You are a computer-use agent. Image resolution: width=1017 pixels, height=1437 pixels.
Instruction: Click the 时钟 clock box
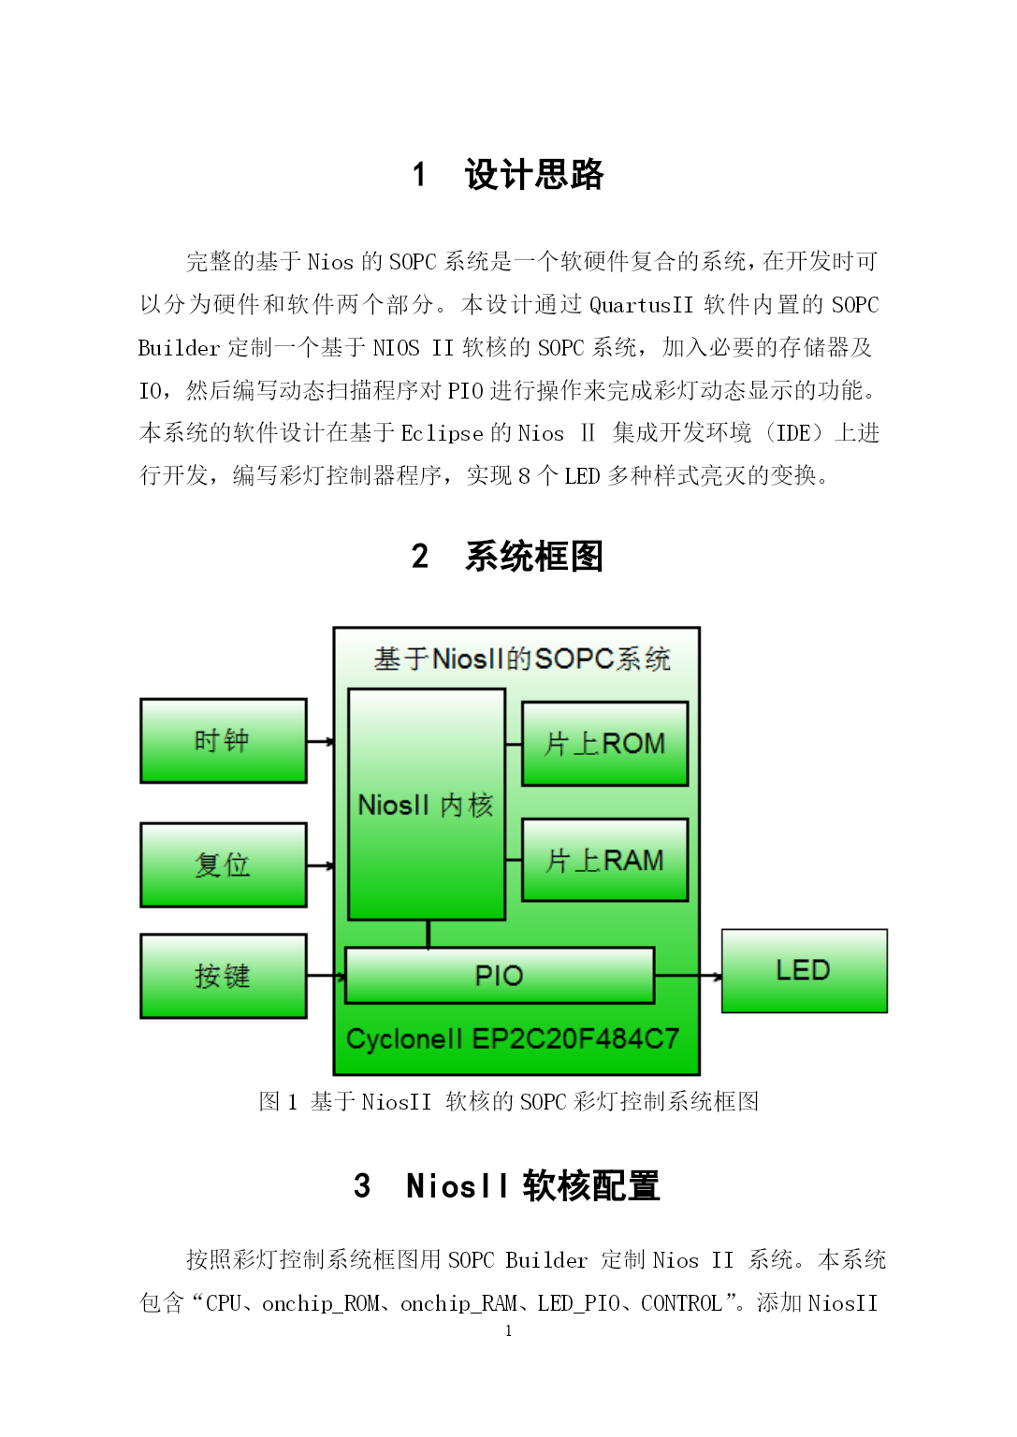pyautogui.click(x=224, y=741)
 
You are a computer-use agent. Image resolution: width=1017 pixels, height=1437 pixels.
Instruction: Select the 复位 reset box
pyautogui.click(x=224, y=864)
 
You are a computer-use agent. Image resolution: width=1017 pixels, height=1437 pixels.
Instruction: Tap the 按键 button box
pyautogui.click(x=224, y=976)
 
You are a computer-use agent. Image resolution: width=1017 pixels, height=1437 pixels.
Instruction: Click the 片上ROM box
pyautogui.click(x=605, y=744)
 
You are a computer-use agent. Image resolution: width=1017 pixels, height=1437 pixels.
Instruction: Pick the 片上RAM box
pyautogui.click(x=605, y=861)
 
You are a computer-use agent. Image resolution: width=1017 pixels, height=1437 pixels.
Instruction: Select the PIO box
pyautogui.click(x=500, y=975)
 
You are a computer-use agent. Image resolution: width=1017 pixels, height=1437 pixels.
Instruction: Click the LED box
pyautogui.click(x=805, y=970)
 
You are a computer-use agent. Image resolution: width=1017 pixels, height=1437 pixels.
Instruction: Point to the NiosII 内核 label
pyautogui.click(x=426, y=806)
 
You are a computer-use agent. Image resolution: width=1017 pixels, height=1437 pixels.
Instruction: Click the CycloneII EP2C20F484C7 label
pyautogui.click(x=512, y=1038)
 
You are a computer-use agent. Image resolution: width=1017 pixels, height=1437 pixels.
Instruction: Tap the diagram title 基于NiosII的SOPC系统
pyautogui.click(x=522, y=659)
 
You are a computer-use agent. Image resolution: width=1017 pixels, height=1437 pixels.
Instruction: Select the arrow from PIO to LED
pyautogui.click(x=689, y=977)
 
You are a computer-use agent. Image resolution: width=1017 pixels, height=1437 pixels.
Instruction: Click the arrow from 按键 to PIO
pyautogui.click(x=327, y=977)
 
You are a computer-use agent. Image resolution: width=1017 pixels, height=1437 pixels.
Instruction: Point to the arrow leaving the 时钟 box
pyautogui.click(x=321, y=742)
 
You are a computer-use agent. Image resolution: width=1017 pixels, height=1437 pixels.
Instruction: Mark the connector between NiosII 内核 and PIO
pyautogui.click(x=428, y=934)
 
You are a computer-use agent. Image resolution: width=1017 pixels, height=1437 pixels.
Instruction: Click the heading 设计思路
pyautogui.click(x=534, y=175)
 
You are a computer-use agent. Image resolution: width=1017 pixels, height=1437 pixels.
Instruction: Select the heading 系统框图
pyautogui.click(x=534, y=556)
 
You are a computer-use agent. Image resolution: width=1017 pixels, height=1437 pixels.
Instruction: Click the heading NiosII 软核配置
pyautogui.click(x=533, y=1185)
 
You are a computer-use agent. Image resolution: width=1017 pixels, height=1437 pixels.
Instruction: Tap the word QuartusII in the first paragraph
pyautogui.click(x=641, y=305)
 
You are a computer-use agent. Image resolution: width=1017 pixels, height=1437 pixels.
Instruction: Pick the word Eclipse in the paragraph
pyautogui.click(x=443, y=434)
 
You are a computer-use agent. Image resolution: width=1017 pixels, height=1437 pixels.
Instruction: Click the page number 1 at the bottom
pyautogui.click(x=509, y=1331)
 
